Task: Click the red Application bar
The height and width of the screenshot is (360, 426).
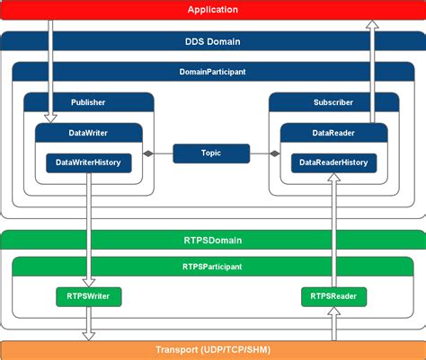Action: tap(213, 10)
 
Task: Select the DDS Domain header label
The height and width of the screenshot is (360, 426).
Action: tap(213, 41)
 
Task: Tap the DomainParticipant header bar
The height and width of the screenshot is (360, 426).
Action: tap(213, 72)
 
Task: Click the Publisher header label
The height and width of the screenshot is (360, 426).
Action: tap(89, 102)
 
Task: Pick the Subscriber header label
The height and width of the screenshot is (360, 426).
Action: tap(334, 102)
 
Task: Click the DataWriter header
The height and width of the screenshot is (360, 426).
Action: tap(89, 133)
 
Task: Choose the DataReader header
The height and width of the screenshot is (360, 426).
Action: tap(334, 133)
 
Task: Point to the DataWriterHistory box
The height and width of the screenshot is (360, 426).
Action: tap(89, 162)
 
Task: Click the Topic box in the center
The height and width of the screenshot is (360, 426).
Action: tap(211, 154)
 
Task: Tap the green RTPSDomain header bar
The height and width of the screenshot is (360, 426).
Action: tap(213, 240)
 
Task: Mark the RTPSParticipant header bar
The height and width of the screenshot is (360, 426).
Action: tap(213, 267)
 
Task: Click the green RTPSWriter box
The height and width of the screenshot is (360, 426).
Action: tap(89, 295)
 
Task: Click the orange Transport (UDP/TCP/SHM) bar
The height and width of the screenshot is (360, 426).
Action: tap(213, 350)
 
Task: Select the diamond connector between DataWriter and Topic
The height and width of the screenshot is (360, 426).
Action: tap(149, 154)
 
